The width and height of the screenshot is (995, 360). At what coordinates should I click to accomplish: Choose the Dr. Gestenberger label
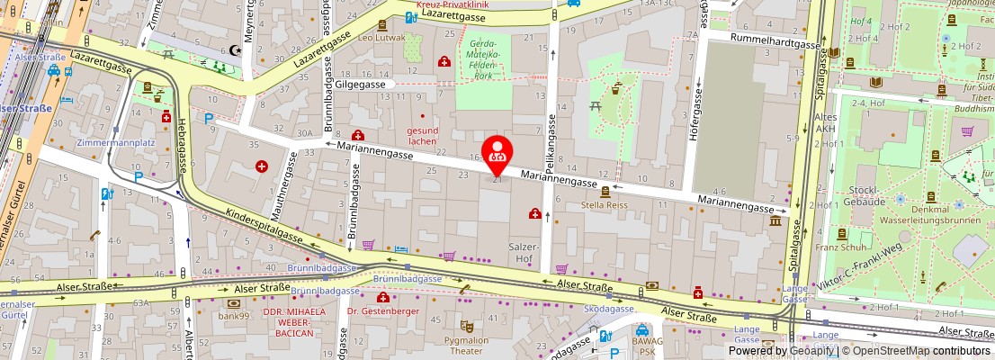[x=382, y=311]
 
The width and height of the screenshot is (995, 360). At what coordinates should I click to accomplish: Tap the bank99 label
[x=232, y=316]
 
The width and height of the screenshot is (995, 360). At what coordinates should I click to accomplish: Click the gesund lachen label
[x=422, y=135]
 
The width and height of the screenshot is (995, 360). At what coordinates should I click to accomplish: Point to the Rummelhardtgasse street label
[x=765, y=43]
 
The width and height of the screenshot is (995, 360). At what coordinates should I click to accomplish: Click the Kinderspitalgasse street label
[x=266, y=233]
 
